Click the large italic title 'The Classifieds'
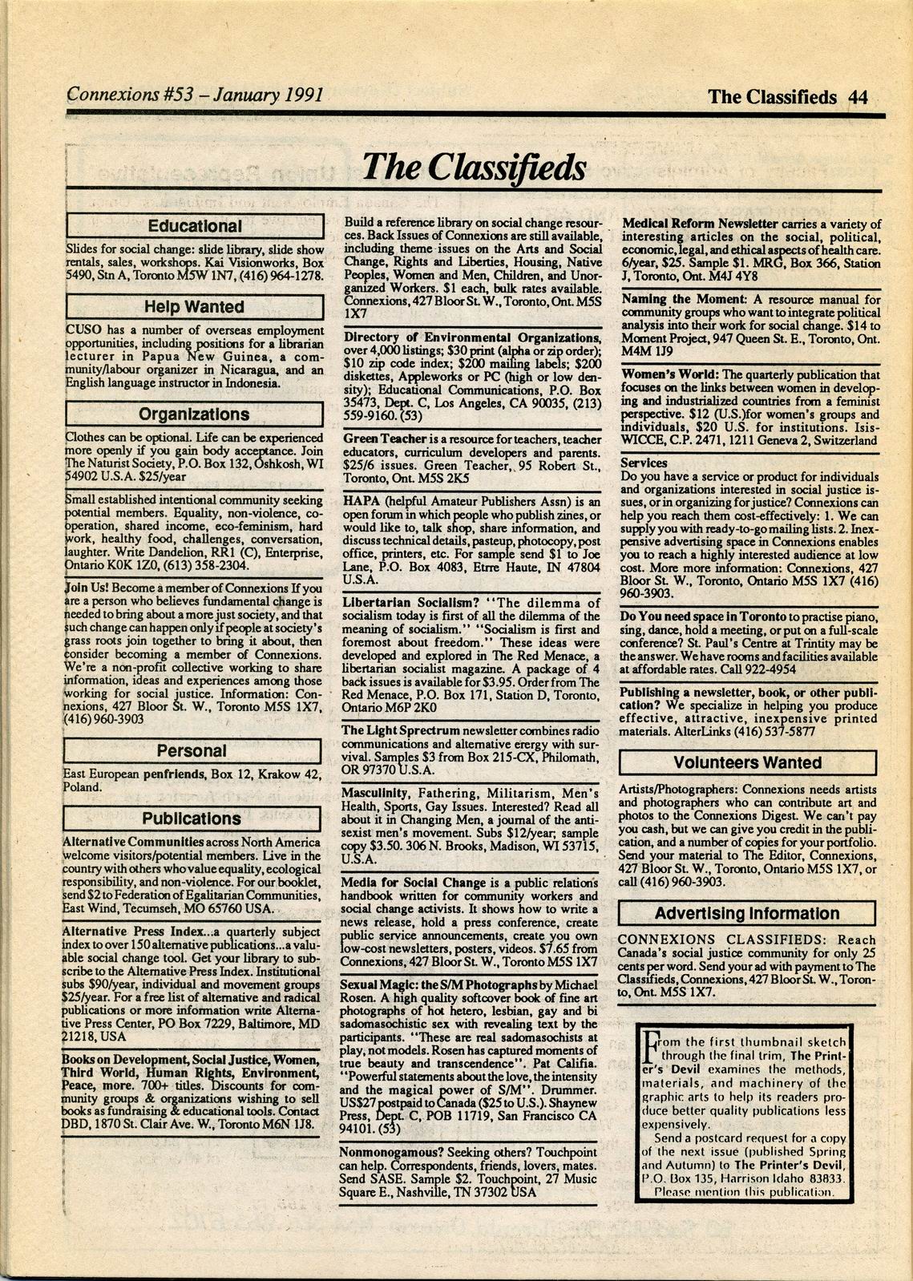point(473,167)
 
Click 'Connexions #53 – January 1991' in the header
point(195,95)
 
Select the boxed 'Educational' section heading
point(193,227)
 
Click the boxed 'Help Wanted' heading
point(193,307)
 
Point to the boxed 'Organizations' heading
point(193,414)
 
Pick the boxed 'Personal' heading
point(192,751)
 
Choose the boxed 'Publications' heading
point(192,818)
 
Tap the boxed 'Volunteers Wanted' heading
point(747,762)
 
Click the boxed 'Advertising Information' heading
point(747,913)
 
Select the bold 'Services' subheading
point(644,463)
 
